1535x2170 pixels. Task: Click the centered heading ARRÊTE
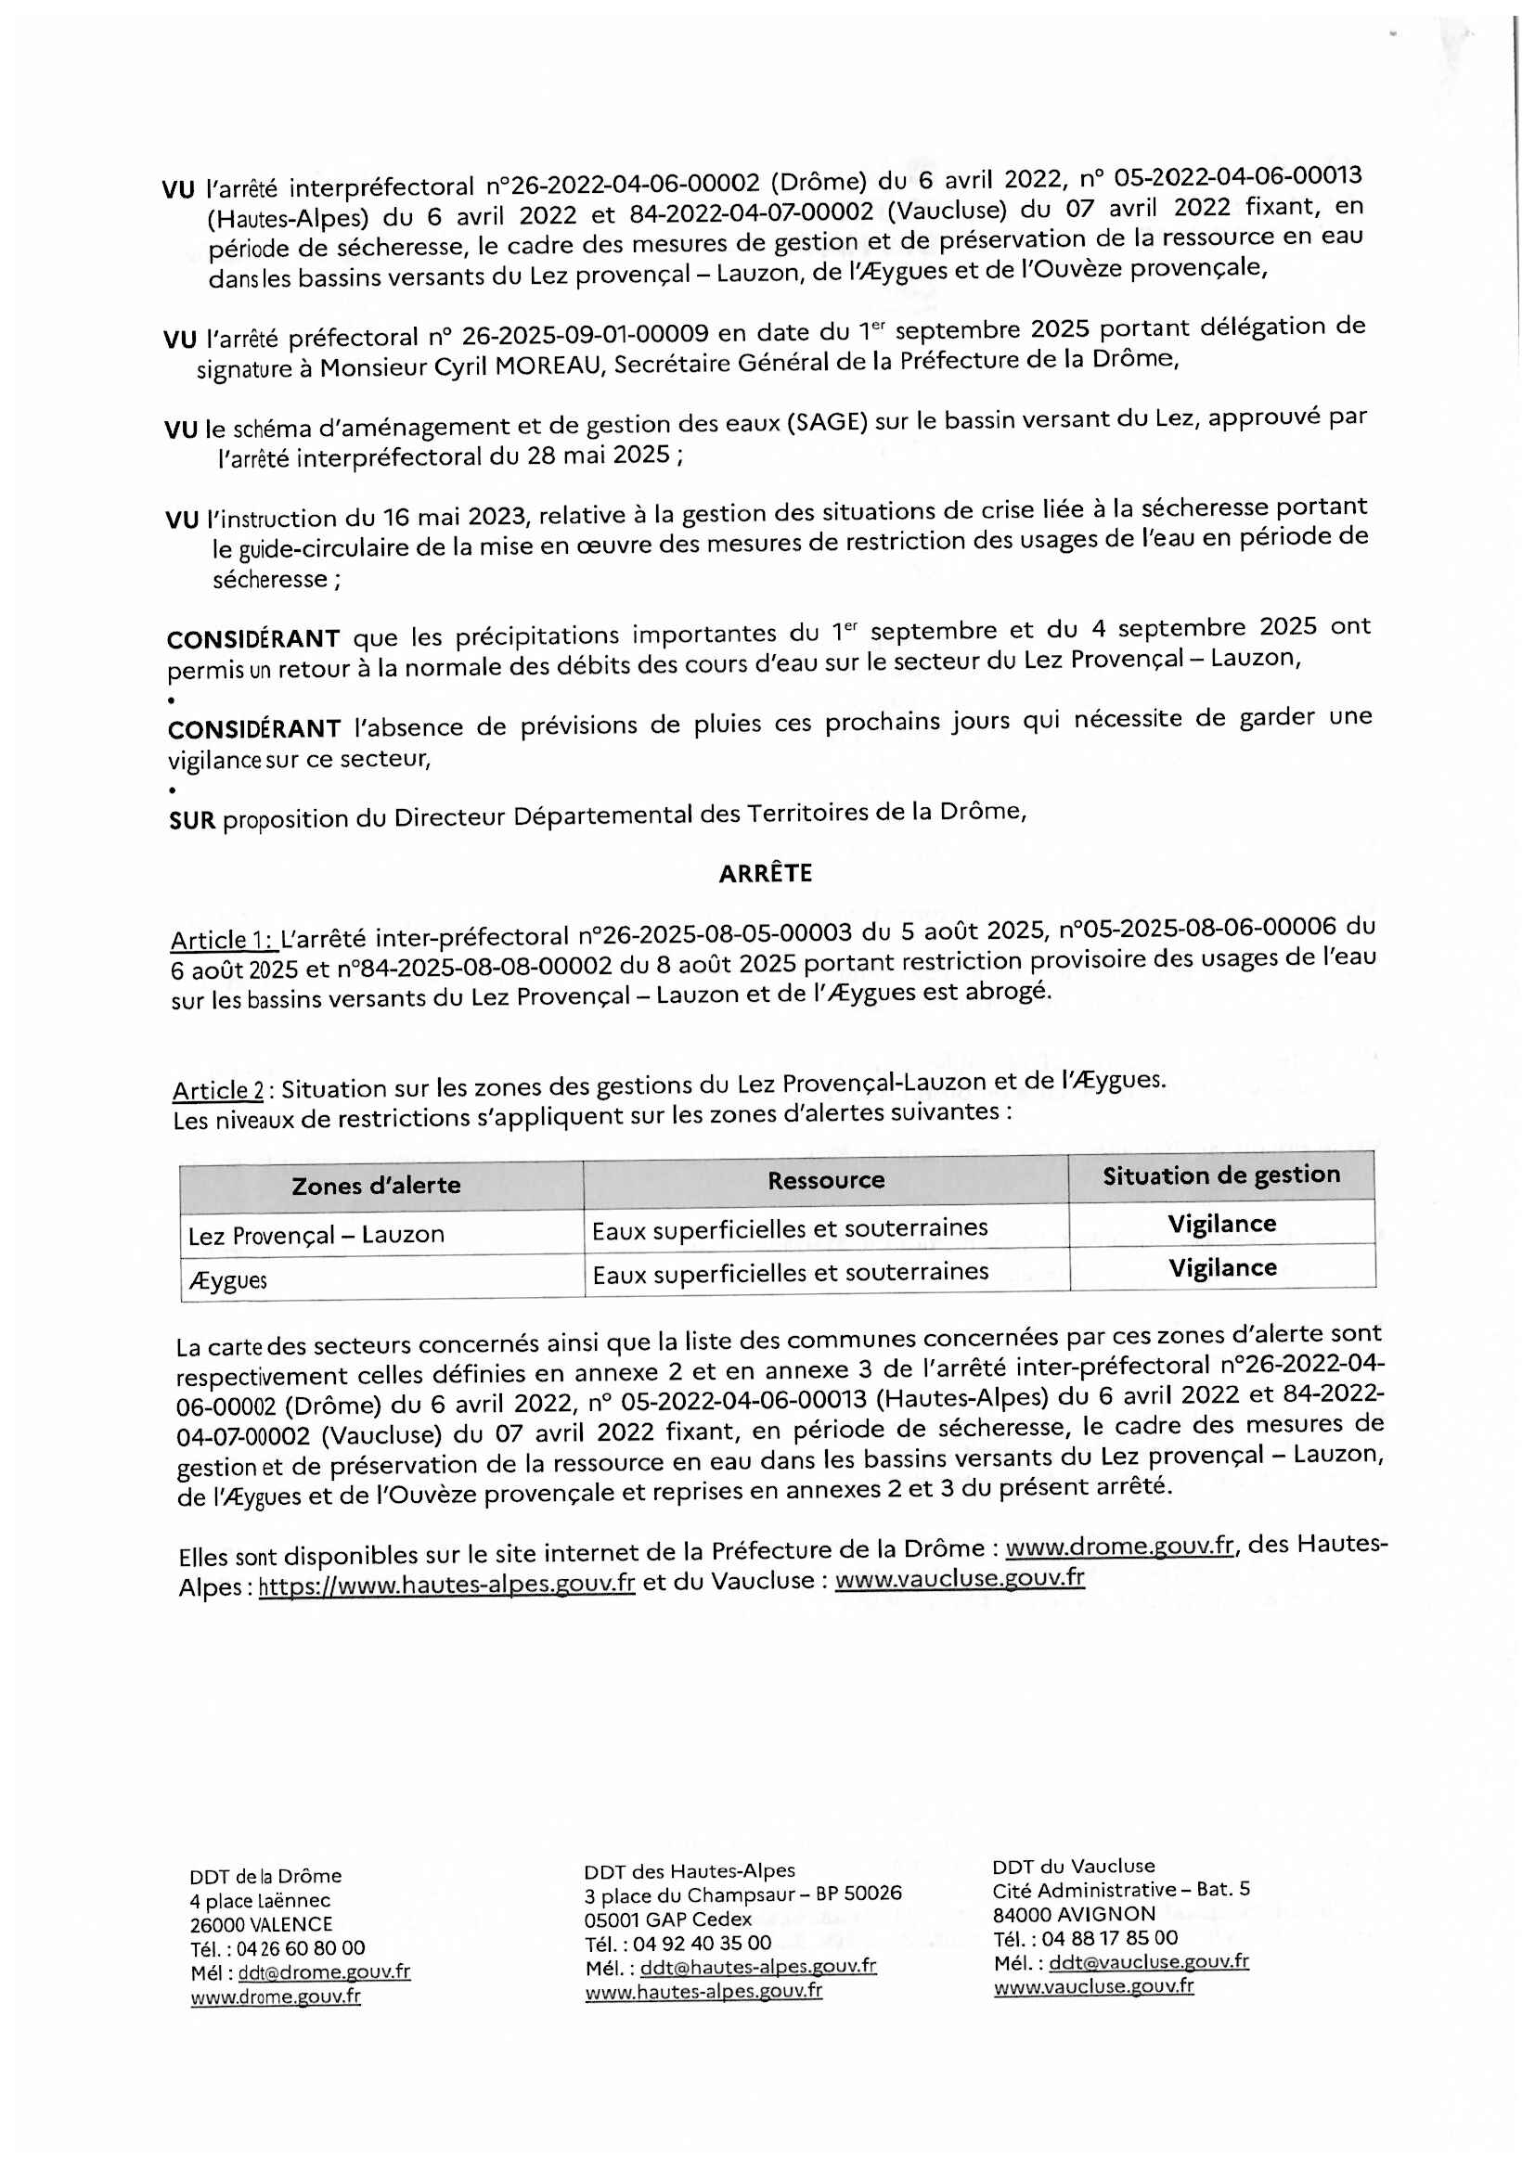(x=765, y=873)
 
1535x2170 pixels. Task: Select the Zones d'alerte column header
(x=375, y=1185)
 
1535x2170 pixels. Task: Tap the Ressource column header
(x=825, y=1179)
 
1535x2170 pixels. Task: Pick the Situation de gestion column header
(x=1221, y=1175)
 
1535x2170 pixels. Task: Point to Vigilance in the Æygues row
(x=1222, y=1267)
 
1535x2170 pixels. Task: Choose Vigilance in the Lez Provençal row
(x=1221, y=1224)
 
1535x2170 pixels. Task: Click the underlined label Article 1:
(x=221, y=940)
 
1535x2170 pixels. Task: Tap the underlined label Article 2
(x=216, y=1091)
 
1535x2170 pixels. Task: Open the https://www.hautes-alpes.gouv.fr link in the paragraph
(x=446, y=1584)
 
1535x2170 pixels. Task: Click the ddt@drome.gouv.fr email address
(x=324, y=1971)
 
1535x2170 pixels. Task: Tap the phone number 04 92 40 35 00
(x=702, y=1942)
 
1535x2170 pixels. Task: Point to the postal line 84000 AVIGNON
(x=1074, y=1914)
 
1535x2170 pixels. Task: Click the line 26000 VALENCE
(x=261, y=1924)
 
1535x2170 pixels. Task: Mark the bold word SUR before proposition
(x=192, y=819)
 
